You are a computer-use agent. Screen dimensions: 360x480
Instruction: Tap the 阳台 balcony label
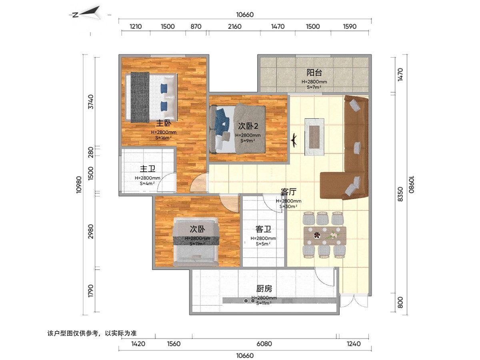coord(314,73)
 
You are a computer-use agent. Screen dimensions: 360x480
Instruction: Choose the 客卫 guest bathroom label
coord(263,229)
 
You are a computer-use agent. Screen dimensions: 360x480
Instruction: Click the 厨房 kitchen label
coord(264,288)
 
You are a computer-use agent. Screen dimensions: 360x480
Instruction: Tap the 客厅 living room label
coord(288,191)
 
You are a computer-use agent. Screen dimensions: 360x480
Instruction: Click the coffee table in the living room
coord(315,136)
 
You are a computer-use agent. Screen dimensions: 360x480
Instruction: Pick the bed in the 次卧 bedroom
coord(196,243)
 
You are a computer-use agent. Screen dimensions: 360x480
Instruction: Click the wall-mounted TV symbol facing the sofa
coord(294,140)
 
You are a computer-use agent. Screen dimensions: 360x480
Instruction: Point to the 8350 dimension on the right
coord(400,193)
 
